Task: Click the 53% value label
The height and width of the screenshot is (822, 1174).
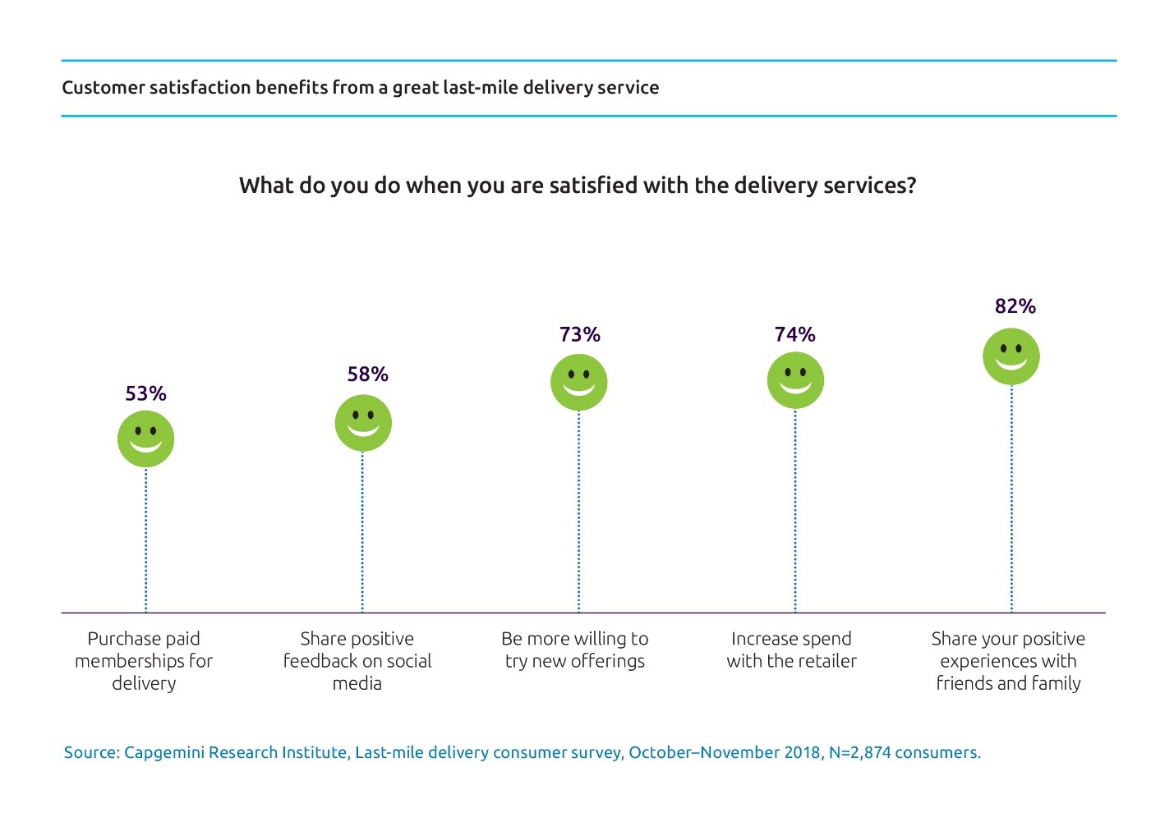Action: [x=145, y=393]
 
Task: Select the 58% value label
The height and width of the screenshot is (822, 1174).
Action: [x=367, y=374]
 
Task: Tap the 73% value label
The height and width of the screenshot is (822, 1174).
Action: [x=579, y=334]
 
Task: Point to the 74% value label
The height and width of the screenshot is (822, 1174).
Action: [x=794, y=334]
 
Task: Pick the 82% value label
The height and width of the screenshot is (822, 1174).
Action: [x=1015, y=306]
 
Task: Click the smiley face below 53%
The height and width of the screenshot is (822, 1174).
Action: [x=145, y=439]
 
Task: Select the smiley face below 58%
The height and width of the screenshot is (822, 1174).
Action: [x=363, y=423]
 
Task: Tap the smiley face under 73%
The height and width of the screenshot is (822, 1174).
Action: [x=578, y=382]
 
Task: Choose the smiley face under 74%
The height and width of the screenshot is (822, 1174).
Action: [x=795, y=380]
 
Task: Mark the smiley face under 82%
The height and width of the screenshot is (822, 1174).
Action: [x=1011, y=356]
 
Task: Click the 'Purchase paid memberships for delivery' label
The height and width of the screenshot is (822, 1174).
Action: [x=144, y=661]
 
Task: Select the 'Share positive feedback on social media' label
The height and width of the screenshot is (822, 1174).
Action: [x=357, y=661]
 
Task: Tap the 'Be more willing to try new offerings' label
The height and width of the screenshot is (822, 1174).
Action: [x=575, y=650]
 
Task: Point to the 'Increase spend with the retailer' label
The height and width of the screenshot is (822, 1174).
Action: [x=791, y=650]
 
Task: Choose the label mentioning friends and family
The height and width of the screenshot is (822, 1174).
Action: [x=1008, y=661]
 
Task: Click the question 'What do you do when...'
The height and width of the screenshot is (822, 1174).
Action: [x=578, y=186]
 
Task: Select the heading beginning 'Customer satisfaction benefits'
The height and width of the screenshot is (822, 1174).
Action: [x=360, y=88]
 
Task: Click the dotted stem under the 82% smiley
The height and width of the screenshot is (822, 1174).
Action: [x=1011, y=501]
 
